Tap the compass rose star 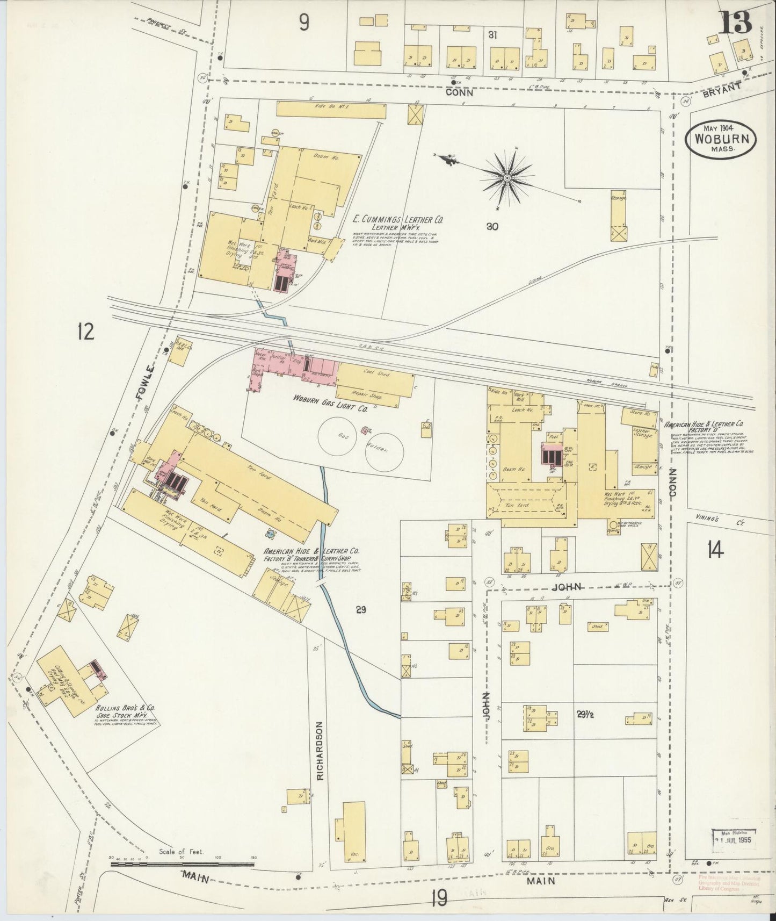(x=507, y=176)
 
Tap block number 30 (x=491, y=227)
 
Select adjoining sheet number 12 (x=85, y=331)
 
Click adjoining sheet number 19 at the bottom (x=439, y=898)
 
